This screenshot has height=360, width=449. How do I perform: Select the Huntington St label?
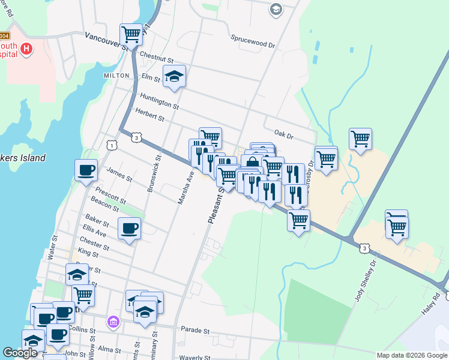pos(159,101)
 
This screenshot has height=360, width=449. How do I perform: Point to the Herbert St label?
pos(149,115)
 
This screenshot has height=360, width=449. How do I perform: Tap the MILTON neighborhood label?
pos(116,76)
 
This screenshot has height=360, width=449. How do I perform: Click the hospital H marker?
pos(26,49)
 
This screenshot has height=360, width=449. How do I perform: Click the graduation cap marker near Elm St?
pos(174,76)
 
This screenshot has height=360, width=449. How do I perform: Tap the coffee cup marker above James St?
pos(86,169)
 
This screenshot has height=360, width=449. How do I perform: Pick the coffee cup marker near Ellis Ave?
pos(129,228)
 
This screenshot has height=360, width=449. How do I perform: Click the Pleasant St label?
pos(214,205)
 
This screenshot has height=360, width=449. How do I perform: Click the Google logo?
pos(20,353)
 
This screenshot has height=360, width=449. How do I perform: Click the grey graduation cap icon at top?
pos(276,8)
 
